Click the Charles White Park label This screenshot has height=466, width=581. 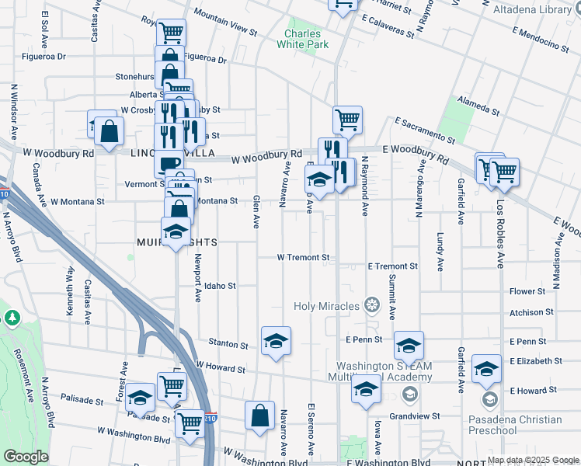point(306,39)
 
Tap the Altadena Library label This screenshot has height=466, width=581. point(538,9)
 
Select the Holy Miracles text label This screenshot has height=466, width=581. point(326,306)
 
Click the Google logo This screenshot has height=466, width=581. point(25,457)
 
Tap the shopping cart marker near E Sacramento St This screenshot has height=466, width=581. point(347,120)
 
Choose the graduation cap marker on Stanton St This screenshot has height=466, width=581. point(276,342)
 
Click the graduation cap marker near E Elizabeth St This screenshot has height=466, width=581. point(487,369)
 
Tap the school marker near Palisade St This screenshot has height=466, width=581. point(140,397)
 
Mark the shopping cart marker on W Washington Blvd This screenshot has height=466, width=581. point(189,424)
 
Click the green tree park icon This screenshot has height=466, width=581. point(12,318)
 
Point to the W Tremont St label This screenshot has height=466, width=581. point(304,257)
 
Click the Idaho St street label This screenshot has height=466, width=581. point(221,286)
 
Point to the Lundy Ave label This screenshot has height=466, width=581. point(440,252)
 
